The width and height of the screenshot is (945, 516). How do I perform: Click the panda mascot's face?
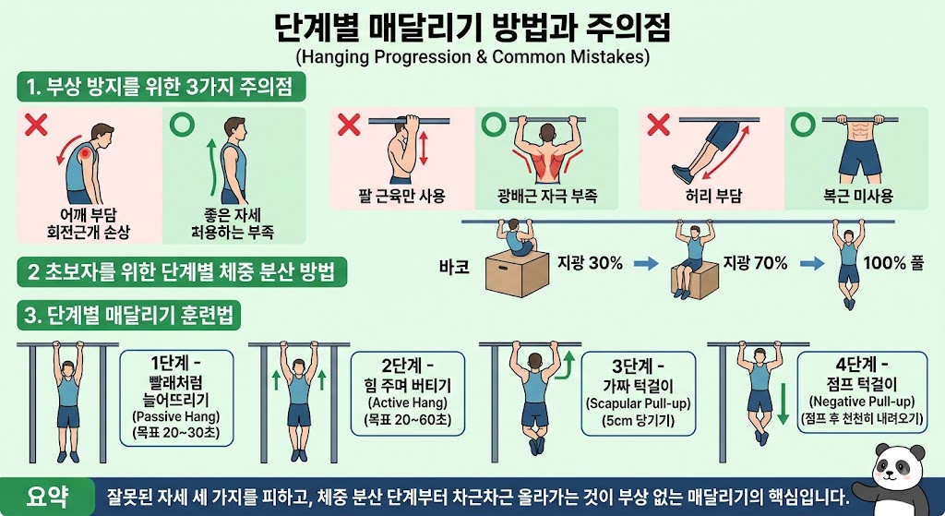coord(895,468)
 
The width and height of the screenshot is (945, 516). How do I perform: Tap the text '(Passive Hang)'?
coord(176,416)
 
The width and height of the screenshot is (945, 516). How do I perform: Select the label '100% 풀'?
coord(893,263)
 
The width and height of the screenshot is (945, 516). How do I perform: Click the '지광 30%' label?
coord(590,263)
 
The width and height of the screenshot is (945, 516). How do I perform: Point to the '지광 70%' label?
coord(755,263)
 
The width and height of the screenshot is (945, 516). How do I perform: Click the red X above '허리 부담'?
coord(658,126)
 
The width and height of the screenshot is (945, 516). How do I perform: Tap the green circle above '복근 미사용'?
coord(803,125)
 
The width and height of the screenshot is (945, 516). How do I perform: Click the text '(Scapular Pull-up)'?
coord(639,403)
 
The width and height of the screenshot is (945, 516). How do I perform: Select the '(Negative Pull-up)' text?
coord(862,402)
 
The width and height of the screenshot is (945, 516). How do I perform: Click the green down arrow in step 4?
coord(783,403)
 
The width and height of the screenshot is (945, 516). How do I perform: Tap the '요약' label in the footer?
coord(47,496)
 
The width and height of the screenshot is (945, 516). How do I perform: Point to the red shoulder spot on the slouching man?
coord(86,153)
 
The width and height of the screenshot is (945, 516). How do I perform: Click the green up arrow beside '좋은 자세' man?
coord(212,168)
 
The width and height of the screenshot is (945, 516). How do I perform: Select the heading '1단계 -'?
coord(176,363)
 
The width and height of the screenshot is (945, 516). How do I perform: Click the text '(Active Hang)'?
coord(407,402)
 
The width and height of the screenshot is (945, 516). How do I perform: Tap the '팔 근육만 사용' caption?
coord(401,196)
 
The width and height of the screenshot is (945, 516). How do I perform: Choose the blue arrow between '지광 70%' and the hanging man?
coord(812,263)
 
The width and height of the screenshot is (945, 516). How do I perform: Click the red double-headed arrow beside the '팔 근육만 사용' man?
coord(423,149)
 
